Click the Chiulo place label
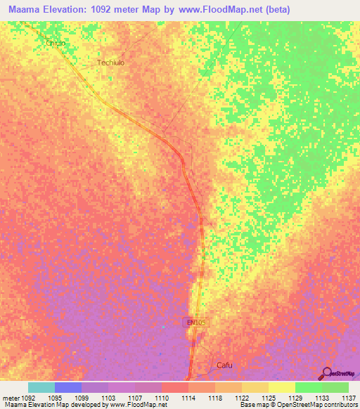[56, 43]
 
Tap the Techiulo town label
[110, 63]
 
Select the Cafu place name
[224, 365]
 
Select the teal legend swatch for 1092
[41, 387]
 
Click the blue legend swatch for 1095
[68, 387]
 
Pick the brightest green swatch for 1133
[309, 387]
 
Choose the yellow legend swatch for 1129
[282, 387]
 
